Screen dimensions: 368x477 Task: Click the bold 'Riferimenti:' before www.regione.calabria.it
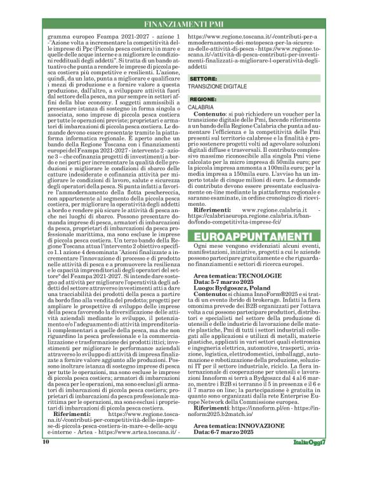coord(215,208)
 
